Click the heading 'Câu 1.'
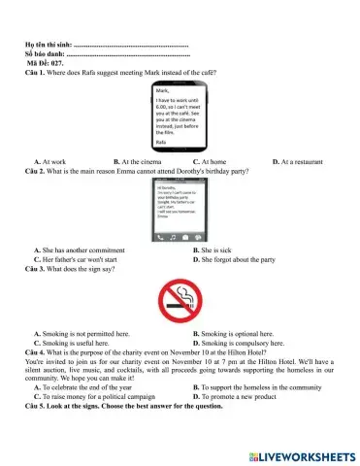coord(36,73)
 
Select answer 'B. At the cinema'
coord(140,161)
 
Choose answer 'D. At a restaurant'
coord(302,161)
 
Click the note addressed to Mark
coord(180,116)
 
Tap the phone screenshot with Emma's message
coord(180,209)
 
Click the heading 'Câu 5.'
coord(36,406)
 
